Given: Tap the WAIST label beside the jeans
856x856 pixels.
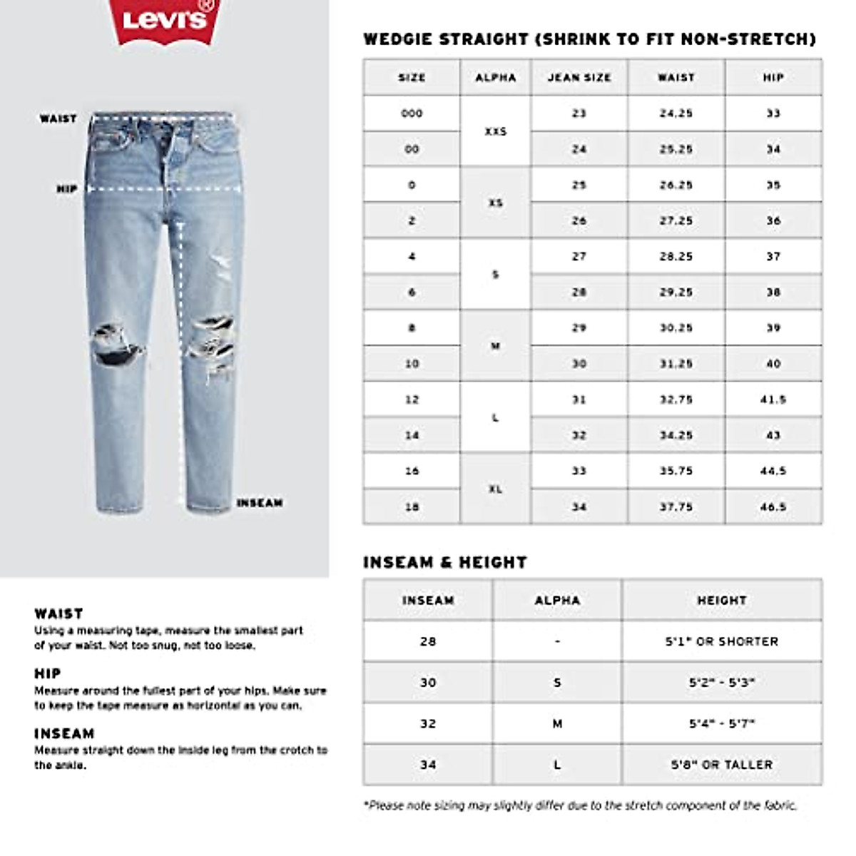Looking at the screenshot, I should point(58,118).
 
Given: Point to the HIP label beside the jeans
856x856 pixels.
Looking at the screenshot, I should point(67,189).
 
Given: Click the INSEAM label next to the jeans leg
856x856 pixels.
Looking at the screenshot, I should point(260,503).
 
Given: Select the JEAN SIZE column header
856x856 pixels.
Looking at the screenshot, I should point(579,77).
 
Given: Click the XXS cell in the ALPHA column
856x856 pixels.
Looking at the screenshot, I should point(496,131).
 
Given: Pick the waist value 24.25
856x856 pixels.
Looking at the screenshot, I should point(676,113).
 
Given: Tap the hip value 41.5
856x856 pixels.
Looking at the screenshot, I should point(773,399).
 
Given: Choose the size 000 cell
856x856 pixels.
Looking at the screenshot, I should point(412,113).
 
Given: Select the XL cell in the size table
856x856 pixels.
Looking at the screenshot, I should point(496,489).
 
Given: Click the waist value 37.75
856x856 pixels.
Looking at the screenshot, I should point(676,507).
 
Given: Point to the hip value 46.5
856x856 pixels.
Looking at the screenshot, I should point(773,507).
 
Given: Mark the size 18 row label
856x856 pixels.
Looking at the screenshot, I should point(412,507).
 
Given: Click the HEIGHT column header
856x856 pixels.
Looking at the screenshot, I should point(722,600).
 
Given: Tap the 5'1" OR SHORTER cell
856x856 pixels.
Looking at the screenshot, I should point(722,641).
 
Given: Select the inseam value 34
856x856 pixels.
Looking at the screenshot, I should point(428,765).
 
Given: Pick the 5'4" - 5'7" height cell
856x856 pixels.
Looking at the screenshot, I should point(722,723).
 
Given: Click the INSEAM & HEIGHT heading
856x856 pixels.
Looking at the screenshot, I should point(445,562).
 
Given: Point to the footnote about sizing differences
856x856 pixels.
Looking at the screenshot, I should point(580,805).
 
